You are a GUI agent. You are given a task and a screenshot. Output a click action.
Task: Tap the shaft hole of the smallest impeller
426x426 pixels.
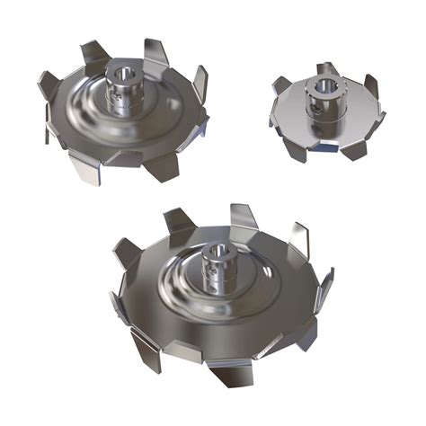coord(321,85)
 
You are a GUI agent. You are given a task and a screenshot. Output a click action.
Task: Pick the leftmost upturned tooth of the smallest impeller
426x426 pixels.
coord(280,86)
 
